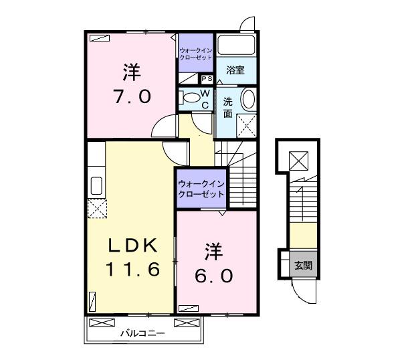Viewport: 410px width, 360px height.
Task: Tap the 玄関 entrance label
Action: click(303, 265)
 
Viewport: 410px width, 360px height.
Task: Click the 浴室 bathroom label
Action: click(235, 70)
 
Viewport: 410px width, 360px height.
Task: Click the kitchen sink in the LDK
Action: click(95, 185)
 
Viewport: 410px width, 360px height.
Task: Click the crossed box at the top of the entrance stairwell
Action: click(298, 160)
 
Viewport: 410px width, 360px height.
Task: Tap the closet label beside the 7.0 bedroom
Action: click(195, 53)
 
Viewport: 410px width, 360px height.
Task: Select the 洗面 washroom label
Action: click(227, 108)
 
